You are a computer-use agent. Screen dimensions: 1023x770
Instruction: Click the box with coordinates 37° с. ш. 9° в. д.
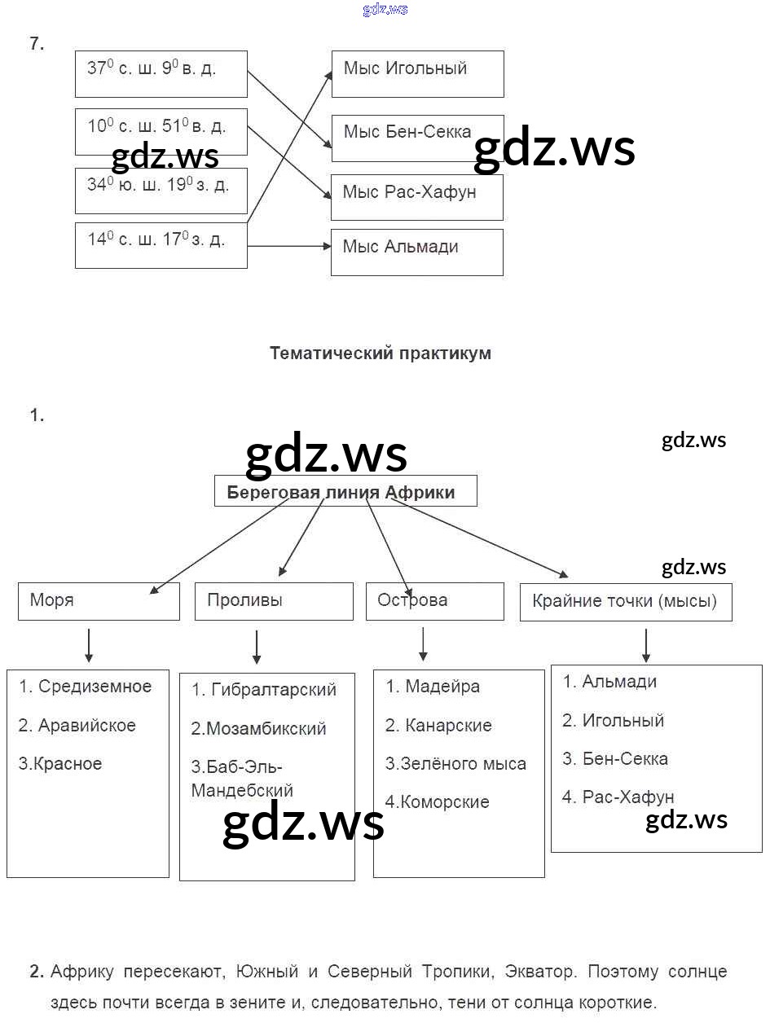[x=161, y=73]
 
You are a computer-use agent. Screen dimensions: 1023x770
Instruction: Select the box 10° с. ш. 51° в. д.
[x=161, y=131]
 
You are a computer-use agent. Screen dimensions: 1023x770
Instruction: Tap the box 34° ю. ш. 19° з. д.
[x=161, y=191]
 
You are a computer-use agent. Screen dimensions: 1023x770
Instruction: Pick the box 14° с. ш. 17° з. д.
[x=161, y=244]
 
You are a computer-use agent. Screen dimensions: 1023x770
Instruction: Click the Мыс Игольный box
[x=417, y=73]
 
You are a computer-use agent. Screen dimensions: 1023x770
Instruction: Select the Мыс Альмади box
[x=416, y=252]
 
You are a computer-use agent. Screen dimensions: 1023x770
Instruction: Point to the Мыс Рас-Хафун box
[x=416, y=196]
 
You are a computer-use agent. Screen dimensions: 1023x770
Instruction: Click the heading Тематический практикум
[x=380, y=353]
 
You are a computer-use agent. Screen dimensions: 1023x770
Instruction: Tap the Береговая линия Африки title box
[x=345, y=492]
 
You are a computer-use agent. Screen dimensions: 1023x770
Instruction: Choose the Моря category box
[x=99, y=601]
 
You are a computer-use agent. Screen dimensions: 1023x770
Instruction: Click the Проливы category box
[x=274, y=601]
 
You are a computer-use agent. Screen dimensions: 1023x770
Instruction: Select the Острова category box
[x=434, y=601]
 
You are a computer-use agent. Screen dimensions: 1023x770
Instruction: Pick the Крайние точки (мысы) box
[x=625, y=602]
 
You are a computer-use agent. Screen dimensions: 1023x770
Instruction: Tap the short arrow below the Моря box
[x=88, y=645]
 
